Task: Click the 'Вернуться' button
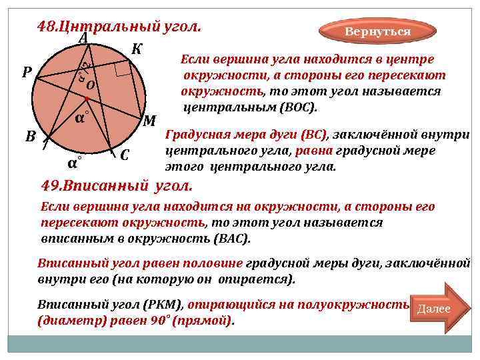point(377,32)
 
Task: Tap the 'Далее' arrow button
point(434,309)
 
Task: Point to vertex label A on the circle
point(83,39)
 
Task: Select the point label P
point(27,72)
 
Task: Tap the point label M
point(150,121)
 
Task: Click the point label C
point(125,156)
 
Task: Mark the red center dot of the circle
point(87,99)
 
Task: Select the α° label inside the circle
point(81,117)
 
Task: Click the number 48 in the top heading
point(47,27)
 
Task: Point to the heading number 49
point(52,185)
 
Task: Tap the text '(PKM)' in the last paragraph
point(164,305)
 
